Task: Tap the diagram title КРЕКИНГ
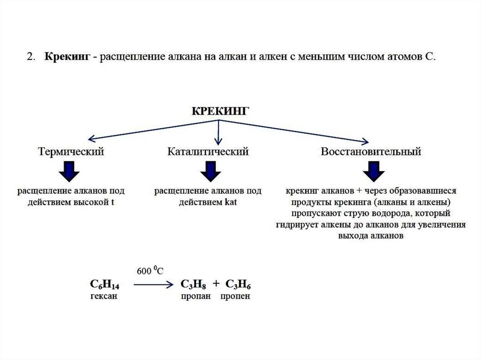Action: click(x=219, y=111)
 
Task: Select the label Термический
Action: click(x=71, y=152)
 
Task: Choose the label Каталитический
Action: click(x=208, y=152)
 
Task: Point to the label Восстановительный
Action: click(x=371, y=152)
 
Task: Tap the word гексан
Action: click(x=103, y=297)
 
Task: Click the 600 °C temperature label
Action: click(x=150, y=271)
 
